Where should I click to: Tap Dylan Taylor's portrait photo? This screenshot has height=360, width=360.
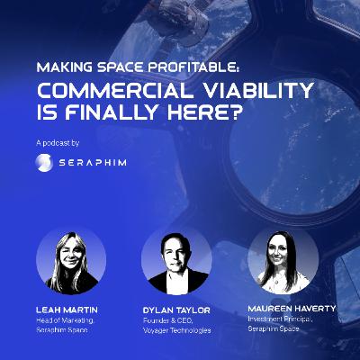click(176, 262)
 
